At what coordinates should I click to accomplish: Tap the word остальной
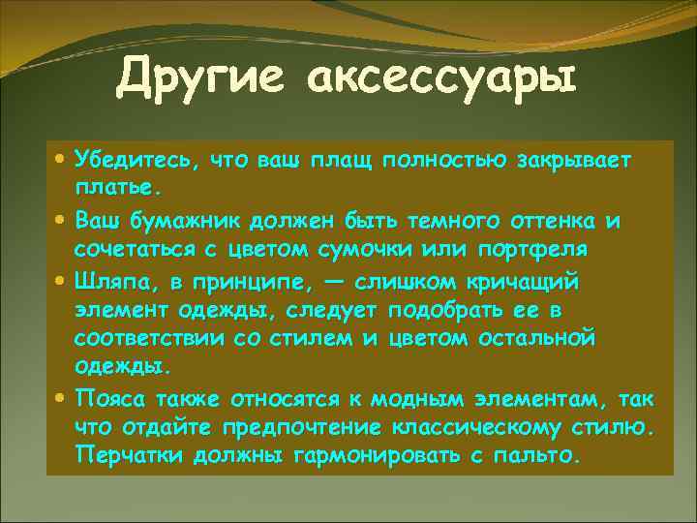(x=537, y=339)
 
